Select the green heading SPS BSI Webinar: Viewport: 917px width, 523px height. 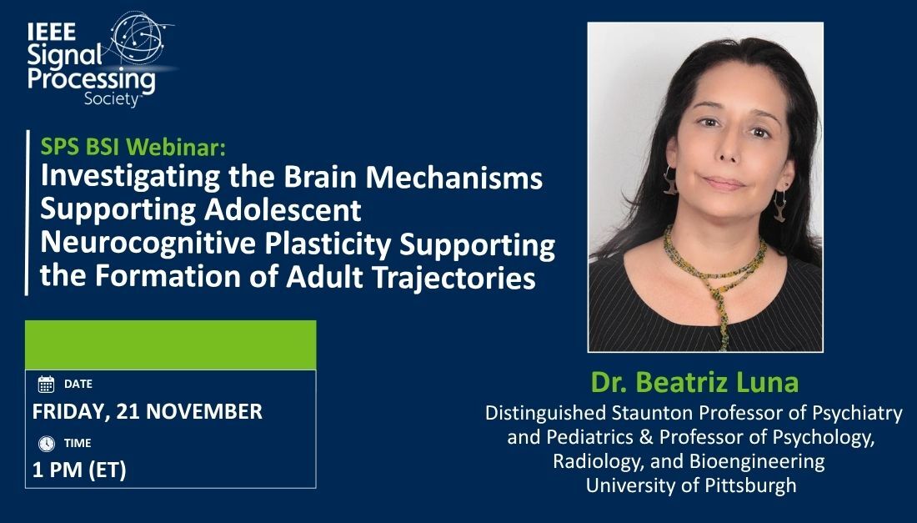pyautogui.click(x=133, y=148)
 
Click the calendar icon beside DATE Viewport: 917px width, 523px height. pyautogui.click(x=46, y=385)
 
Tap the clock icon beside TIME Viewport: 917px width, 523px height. pyautogui.click(x=46, y=443)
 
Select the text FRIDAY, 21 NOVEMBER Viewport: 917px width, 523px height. pyautogui.click(x=148, y=411)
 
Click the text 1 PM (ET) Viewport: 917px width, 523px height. pyautogui.click(x=79, y=470)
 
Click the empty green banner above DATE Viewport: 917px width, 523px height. pyautogui.click(x=170, y=344)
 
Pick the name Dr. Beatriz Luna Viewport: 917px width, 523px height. pyautogui.click(x=694, y=383)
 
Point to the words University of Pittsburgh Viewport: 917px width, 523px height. pyautogui.click(x=691, y=485)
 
